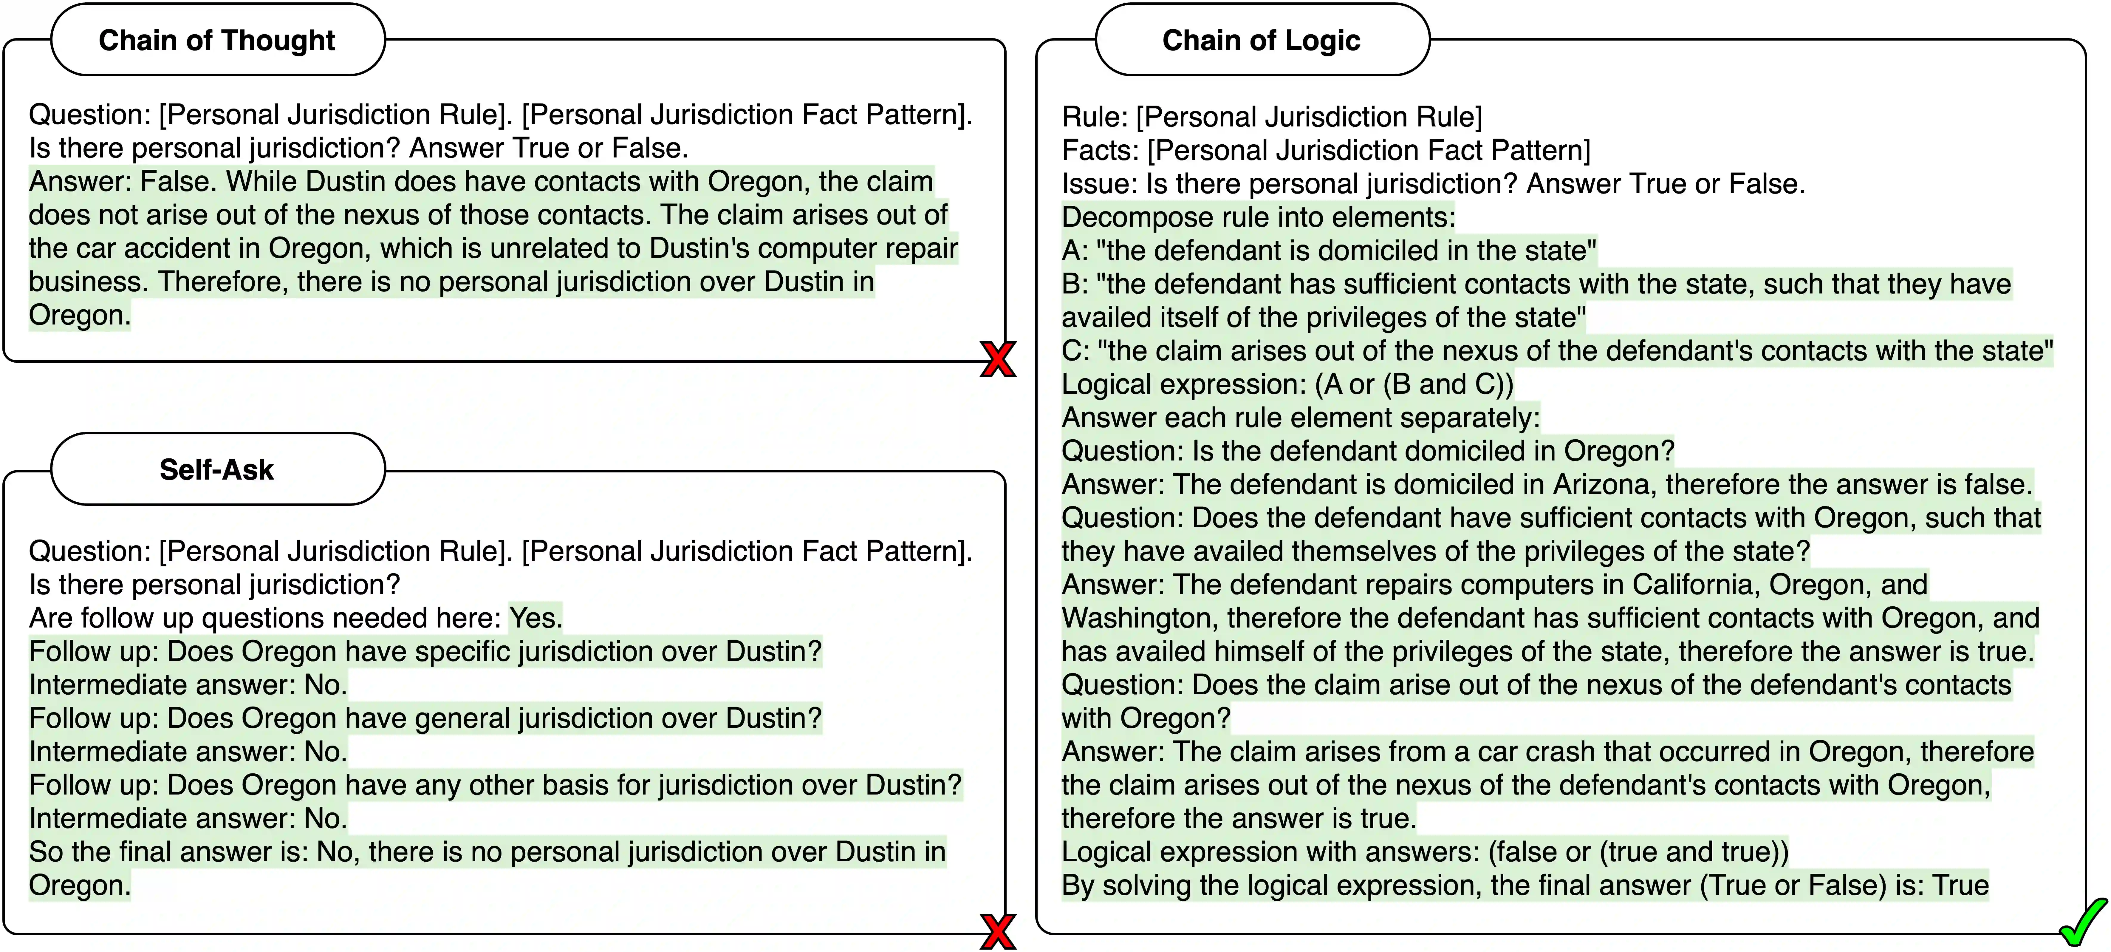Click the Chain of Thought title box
tap(217, 40)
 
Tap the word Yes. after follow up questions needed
tap(535, 618)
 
